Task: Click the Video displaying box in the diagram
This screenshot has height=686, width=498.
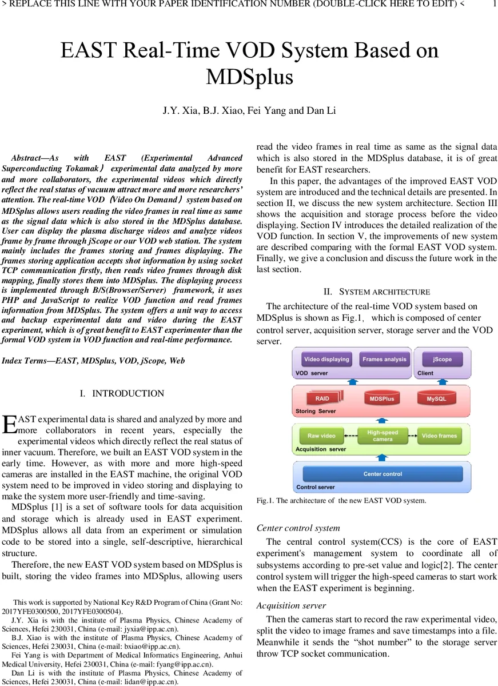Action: (x=326, y=360)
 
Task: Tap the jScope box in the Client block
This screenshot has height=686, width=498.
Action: (x=442, y=360)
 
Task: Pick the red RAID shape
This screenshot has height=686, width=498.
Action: (x=322, y=398)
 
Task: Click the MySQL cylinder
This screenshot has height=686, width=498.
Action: (x=440, y=398)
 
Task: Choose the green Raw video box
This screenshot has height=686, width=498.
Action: (x=321, y=436)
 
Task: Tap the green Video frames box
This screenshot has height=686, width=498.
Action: (x=439, y=436)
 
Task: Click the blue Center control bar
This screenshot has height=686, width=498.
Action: (x=383, y=474)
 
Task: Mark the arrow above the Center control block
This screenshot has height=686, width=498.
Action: (x=383, y=457)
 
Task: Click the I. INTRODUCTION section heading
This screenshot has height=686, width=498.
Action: (x=122, y=393)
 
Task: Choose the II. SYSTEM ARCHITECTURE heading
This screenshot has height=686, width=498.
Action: (x=377, y=292)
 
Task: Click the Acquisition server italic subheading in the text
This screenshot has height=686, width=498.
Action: (x=291, y=605)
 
